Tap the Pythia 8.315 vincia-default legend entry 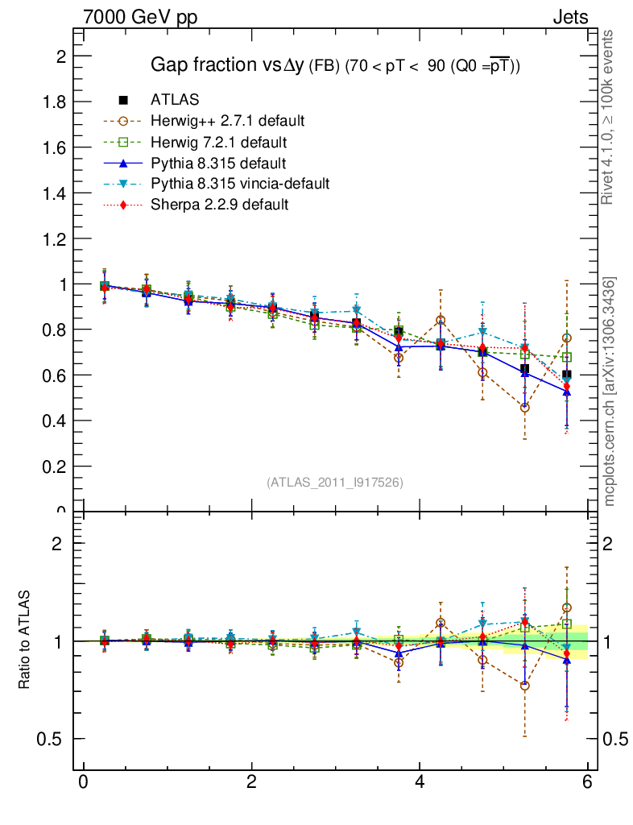point(239,184)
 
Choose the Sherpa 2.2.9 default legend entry point(219,205)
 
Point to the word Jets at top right point(570,17)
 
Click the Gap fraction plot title point(336,65)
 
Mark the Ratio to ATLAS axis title point(25,640)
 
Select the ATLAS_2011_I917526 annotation point(335,482)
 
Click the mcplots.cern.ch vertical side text point(610,392)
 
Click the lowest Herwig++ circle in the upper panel point(525,408)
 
